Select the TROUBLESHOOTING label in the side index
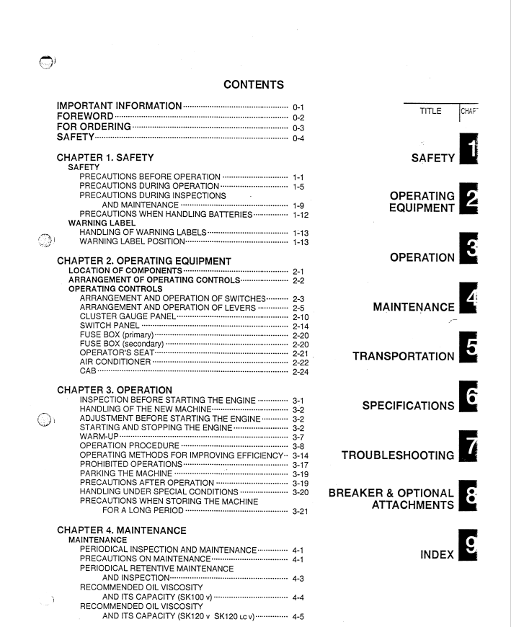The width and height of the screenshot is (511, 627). (398, 455)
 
